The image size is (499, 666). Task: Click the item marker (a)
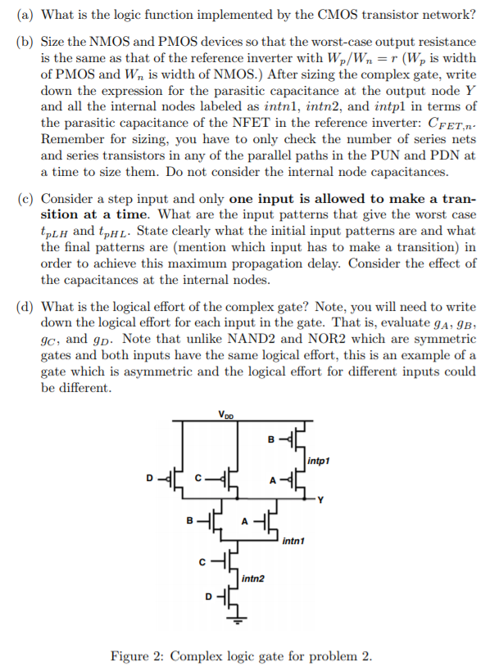coord(25,14)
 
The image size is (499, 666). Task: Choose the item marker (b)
coord(25,41)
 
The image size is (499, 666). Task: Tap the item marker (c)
coord(25,199)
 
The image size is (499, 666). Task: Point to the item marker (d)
coord(25,307)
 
